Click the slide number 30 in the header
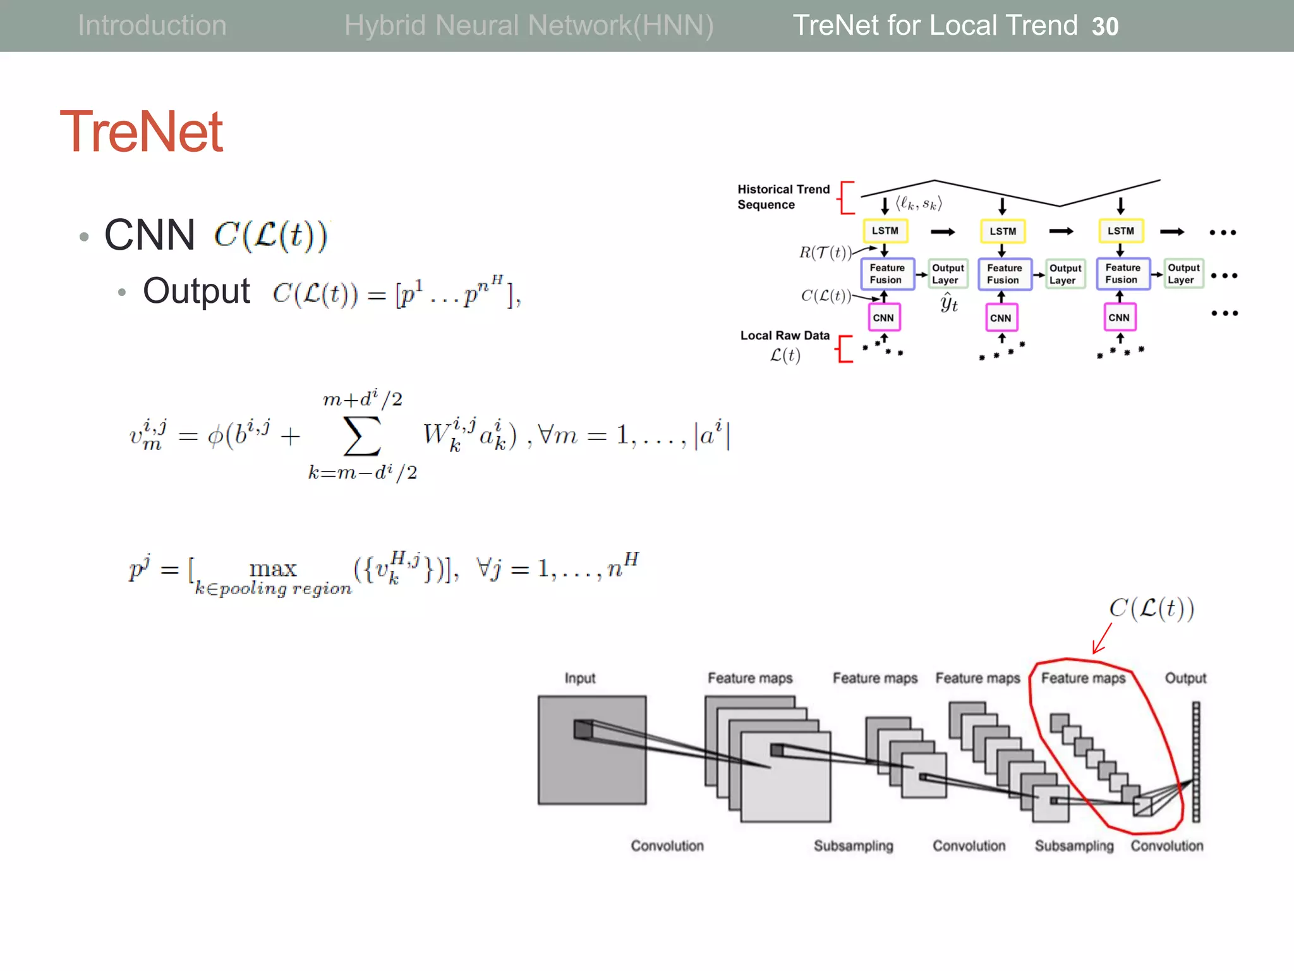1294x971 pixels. click(1105, 27)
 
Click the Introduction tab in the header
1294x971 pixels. click(152, 25)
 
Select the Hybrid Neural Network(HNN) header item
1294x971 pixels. click(528, 25)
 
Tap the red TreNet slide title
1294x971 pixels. click(141, 131)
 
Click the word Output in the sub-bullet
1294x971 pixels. click(197, 291)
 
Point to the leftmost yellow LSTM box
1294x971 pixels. click(885, 231)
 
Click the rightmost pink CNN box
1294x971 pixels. click(1119, 317)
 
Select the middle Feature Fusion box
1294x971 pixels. click(1004, 274)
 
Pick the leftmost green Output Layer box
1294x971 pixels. click(947, 274)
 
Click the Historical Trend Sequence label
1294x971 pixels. click(783, 197)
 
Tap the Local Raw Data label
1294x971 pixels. click(785, 336)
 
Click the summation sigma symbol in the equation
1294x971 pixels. click(362, 436)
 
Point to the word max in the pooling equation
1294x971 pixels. click(272, 568)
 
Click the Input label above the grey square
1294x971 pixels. click(579, 678)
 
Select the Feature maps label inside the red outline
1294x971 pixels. click(1083, 678)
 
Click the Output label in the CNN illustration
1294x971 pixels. click(1185, 678)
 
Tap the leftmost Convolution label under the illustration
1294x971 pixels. click(667, 846)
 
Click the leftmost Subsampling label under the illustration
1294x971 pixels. click(853, 846)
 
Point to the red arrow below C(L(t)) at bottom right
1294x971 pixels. click(1102, 638)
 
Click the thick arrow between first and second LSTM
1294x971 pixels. click(943, 232)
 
